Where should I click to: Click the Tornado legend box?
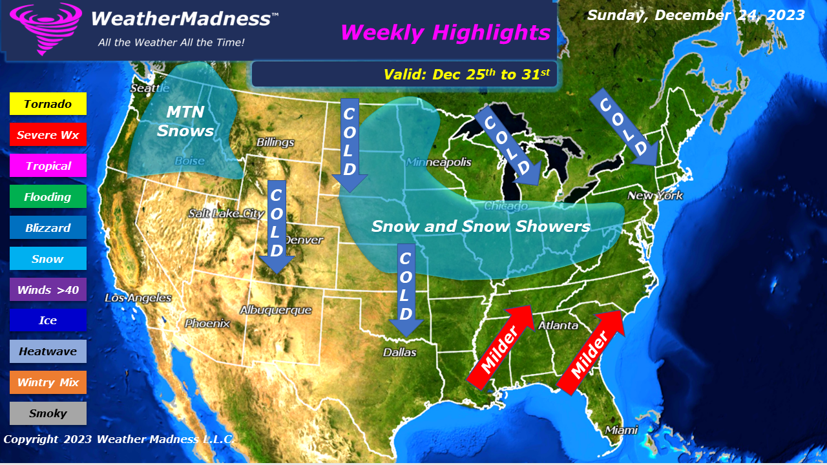tap(48, 104)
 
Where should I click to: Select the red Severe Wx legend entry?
tap(48, 135)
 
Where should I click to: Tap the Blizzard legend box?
tap(48, 228)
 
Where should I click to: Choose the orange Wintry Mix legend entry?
tap(48, 382)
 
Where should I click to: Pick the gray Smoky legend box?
tap(48, 413)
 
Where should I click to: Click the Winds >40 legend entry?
tap(48, 290)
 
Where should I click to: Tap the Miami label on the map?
tap(621, 430)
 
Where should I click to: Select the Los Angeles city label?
tap(138, 298)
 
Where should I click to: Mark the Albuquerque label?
tap(275, 311)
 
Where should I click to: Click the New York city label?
tap(654, 196)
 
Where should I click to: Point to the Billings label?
tap(275, 142)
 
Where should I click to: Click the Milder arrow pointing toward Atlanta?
tap(500, 347)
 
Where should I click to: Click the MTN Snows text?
tap(185, 121)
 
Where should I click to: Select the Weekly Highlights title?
tap(445, 32)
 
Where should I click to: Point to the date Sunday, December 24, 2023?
tap(696, 15)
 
